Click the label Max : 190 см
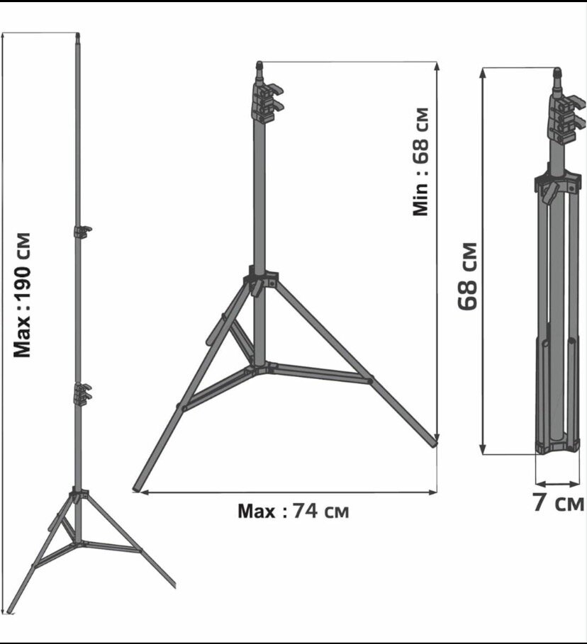pyautogui.click(x=22, y=295)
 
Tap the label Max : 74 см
pyautogui.click(x=293, y=511)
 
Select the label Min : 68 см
pyautogui.click(x=420, y=162)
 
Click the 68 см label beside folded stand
pyautogui.click(x=468, y=276)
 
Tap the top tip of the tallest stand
pyautogui.click(x=78, y=35)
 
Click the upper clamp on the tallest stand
pyautogui.click(x=82, y=231)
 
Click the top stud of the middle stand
pyautogui.click(x=259, y=66)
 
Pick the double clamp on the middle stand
pyautogui.click(x=267, y=103)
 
